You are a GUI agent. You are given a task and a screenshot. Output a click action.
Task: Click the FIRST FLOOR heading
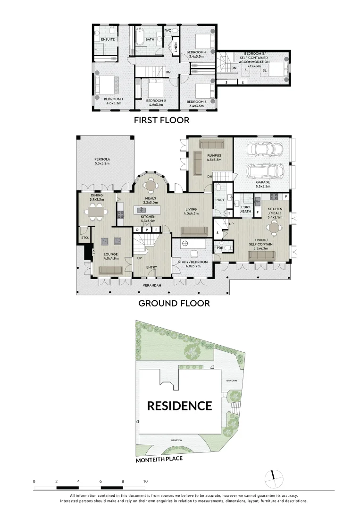point(161,120)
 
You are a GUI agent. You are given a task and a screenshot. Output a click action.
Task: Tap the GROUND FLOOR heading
point(174,303)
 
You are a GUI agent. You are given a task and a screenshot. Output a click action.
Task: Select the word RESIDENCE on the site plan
point(179,405)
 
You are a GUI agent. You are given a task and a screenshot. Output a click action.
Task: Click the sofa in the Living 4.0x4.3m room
point(194,231)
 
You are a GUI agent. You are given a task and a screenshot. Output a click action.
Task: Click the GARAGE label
point(263,182)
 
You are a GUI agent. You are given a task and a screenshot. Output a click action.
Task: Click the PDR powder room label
point(219,247)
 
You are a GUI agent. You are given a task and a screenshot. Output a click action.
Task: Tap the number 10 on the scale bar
point(145,481)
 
